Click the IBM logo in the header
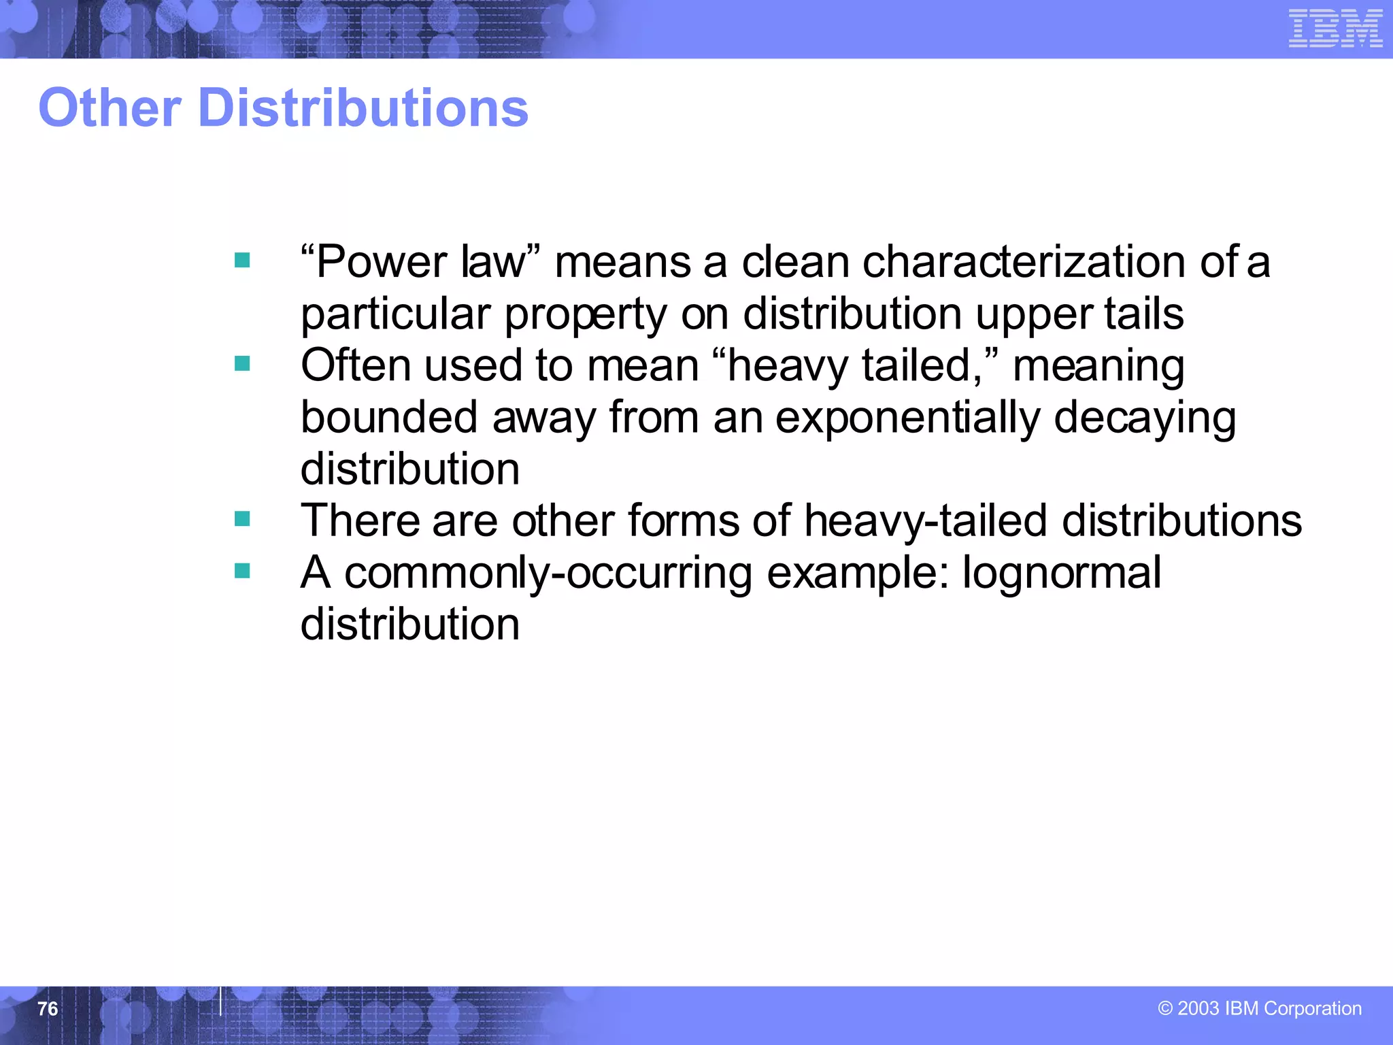pos(1335,29)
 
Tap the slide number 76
pos(48,1008)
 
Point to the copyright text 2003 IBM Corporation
pos(1259,1008)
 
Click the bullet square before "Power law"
pos(242,261)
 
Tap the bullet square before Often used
pos(242,364)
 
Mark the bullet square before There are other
pos(242,519)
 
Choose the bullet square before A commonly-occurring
pos(242,571)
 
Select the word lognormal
pos(1062,572)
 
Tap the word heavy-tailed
pos(925,520)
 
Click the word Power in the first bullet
pos(382,262)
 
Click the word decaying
pos(1145,417)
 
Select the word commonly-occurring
pos(548,572)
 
